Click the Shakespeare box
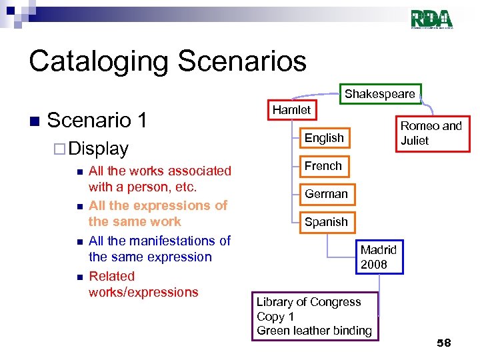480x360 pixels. (x=379, y=94)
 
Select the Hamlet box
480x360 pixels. (x=291, y=110)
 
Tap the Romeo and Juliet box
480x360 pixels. (x=430, y=133)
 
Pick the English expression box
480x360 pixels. (x=324, y=138)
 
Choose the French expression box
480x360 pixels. (x=323, y=166)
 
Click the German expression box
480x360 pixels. (x=326, y=194)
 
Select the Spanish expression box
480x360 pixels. (x=326, y=222)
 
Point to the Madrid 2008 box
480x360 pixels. (x=379, y=257)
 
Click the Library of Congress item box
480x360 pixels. (x=314, y=316)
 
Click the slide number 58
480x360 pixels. (x=443, y=343)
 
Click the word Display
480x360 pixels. (x=99, y=148)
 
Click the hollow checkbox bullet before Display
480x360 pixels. (x=60, y=149)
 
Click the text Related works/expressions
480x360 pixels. (x=143, y=284)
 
